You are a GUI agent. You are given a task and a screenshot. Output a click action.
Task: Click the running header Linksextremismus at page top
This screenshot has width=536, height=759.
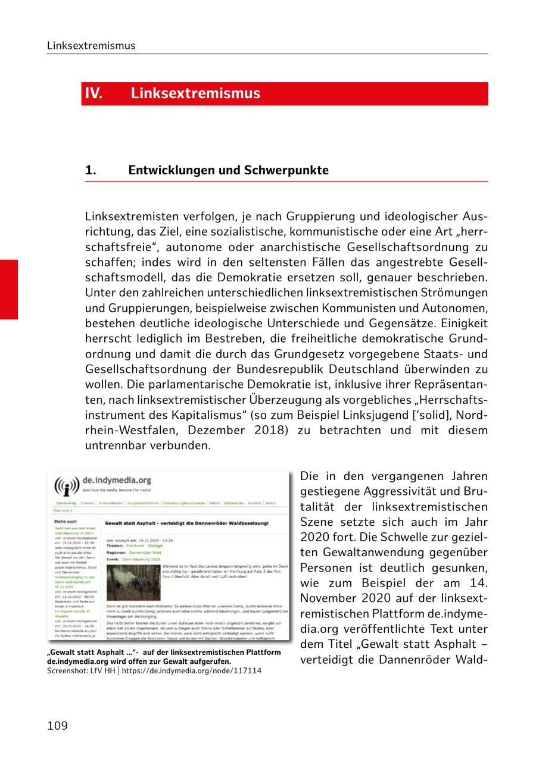[x=91, y=46]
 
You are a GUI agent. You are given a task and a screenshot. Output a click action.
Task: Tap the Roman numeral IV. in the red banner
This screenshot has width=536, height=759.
[x=94, y=93]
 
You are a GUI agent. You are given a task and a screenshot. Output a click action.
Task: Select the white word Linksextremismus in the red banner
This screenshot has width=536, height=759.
[x=195, y=93]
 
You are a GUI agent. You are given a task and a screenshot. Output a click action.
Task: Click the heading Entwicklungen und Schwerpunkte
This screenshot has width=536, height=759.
[x=228, y=170]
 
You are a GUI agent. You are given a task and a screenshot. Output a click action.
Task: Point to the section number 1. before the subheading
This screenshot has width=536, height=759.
[x=91, y=170]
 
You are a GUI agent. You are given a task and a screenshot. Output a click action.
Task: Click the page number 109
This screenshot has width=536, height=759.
[x=58, y=726]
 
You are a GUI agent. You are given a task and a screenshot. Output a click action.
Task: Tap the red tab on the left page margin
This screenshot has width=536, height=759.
[x=9, y=289]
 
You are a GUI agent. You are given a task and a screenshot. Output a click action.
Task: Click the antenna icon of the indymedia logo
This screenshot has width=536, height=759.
[x=66, y=487]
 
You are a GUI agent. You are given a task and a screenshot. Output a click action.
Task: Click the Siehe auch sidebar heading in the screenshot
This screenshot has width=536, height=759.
[x=66, y=521]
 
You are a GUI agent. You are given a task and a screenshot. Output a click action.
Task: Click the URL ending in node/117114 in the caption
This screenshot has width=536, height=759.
[x=191, y=670]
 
